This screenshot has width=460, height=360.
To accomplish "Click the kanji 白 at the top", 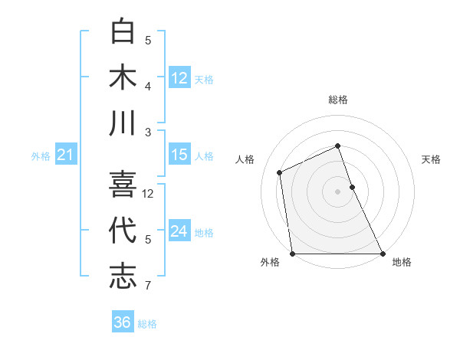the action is [x=123, y=32].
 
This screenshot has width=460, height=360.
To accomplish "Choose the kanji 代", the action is [x=123, y=231].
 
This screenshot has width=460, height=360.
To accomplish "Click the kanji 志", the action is [x=123, y=276].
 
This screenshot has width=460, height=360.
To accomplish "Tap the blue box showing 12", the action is [x=179, y=77].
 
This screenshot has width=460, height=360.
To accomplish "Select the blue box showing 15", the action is [x=179, y=155].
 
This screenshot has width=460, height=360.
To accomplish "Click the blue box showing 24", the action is [x=179, y=231].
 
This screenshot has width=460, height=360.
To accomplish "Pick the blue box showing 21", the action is [x=65, y=155].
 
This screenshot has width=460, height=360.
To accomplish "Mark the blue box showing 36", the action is [x=123, y=322].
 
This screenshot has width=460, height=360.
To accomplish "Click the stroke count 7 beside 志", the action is [x=148, y=286].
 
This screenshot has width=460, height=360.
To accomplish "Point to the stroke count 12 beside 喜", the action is [x=149, y=194].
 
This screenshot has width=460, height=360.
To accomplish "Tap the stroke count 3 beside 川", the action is [x=148, y=132].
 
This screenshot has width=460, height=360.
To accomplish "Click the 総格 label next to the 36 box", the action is [x=147, y=324].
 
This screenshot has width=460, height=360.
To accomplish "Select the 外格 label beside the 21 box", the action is [x=41, y=156].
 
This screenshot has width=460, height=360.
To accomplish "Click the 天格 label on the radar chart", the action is [x=432, y=159].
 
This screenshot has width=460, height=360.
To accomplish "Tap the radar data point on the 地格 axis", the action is [x=382, y=254].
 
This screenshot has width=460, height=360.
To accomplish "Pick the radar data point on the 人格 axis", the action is [x=280, y=172].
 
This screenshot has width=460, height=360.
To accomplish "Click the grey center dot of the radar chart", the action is [x=337, y=191].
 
